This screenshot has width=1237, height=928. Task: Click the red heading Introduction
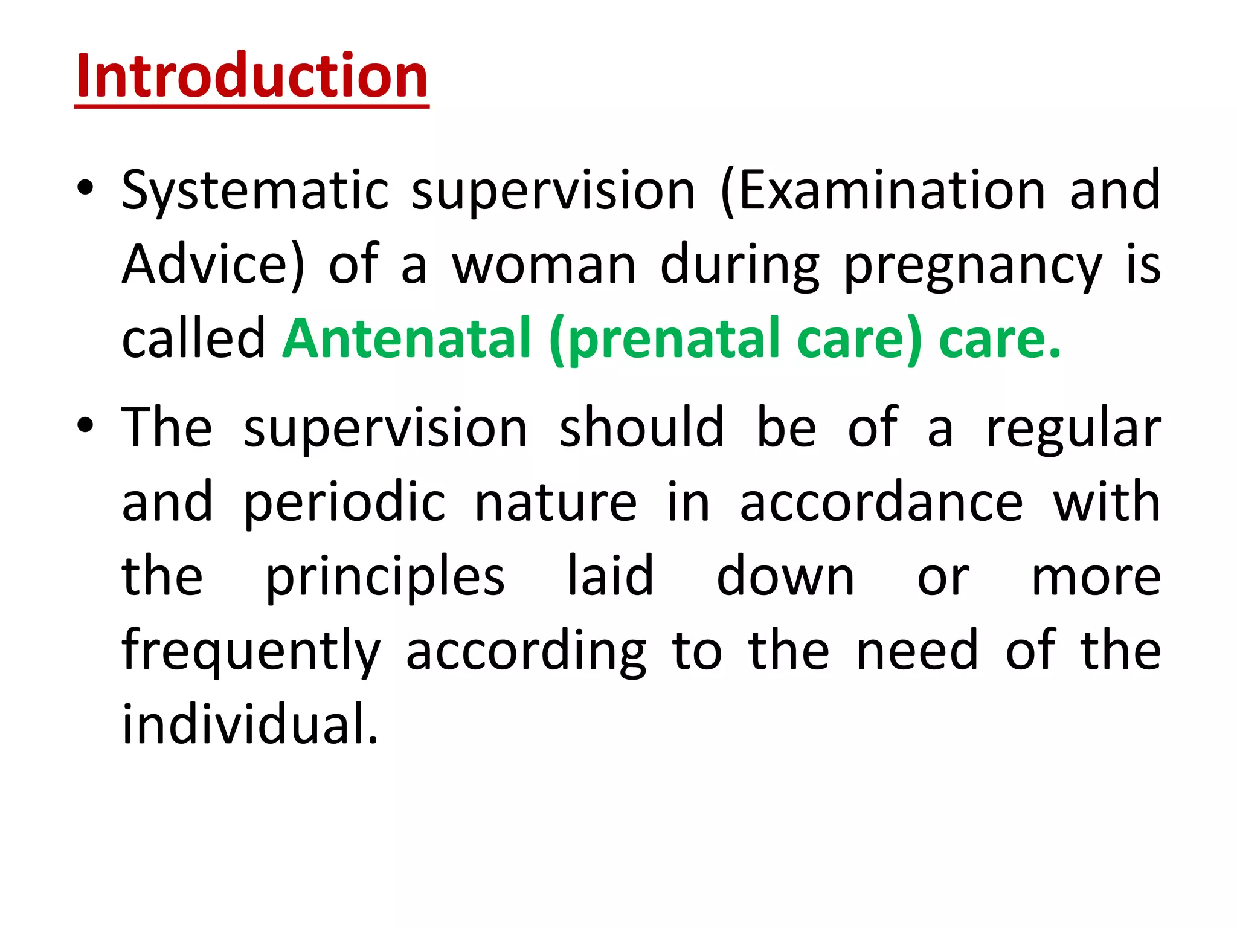(x=252, y=77)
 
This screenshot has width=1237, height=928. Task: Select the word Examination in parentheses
(x=892, y=191)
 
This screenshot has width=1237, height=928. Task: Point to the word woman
(x=544, y=266)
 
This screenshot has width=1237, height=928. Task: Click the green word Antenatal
(x=406, y=338)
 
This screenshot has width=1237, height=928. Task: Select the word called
(x=193, y=338)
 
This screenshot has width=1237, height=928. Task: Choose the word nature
(x=555, y=503)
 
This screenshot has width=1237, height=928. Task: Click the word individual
(x=249, y=725)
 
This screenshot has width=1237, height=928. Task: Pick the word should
(x=641, y=428)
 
